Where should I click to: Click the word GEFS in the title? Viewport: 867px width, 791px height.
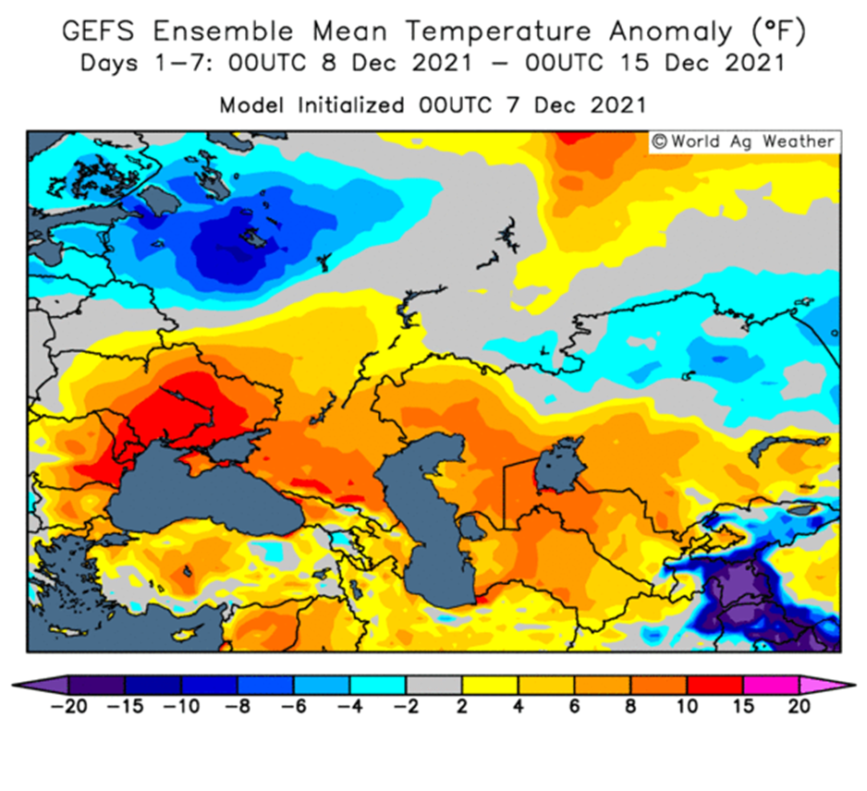coord(98,30)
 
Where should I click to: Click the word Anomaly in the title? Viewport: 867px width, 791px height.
coord(671,32)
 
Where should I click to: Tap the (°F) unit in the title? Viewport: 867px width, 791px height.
coord(779,31)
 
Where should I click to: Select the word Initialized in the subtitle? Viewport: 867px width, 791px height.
coord(351,105)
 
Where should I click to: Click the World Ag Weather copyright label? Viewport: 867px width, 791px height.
coord(744,141)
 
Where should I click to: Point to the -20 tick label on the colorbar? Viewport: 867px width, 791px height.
coord(68,706)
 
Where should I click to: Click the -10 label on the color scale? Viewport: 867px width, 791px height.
coord(181,706)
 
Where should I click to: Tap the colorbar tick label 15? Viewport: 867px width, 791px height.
coord(743,706)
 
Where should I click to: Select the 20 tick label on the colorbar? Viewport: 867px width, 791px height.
coord(799,706)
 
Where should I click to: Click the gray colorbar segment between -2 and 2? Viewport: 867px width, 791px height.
coord(434,686)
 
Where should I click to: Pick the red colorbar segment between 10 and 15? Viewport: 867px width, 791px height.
coord(714,686)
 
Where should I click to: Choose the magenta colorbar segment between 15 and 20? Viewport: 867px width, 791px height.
coord(771,686)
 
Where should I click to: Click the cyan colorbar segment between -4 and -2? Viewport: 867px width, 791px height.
coord(378,686)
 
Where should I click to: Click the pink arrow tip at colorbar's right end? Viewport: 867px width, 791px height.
coord(855,686)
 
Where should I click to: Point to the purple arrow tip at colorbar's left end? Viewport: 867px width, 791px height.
coord(12,686)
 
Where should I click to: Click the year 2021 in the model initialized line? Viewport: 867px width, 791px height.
coord(617,105)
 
